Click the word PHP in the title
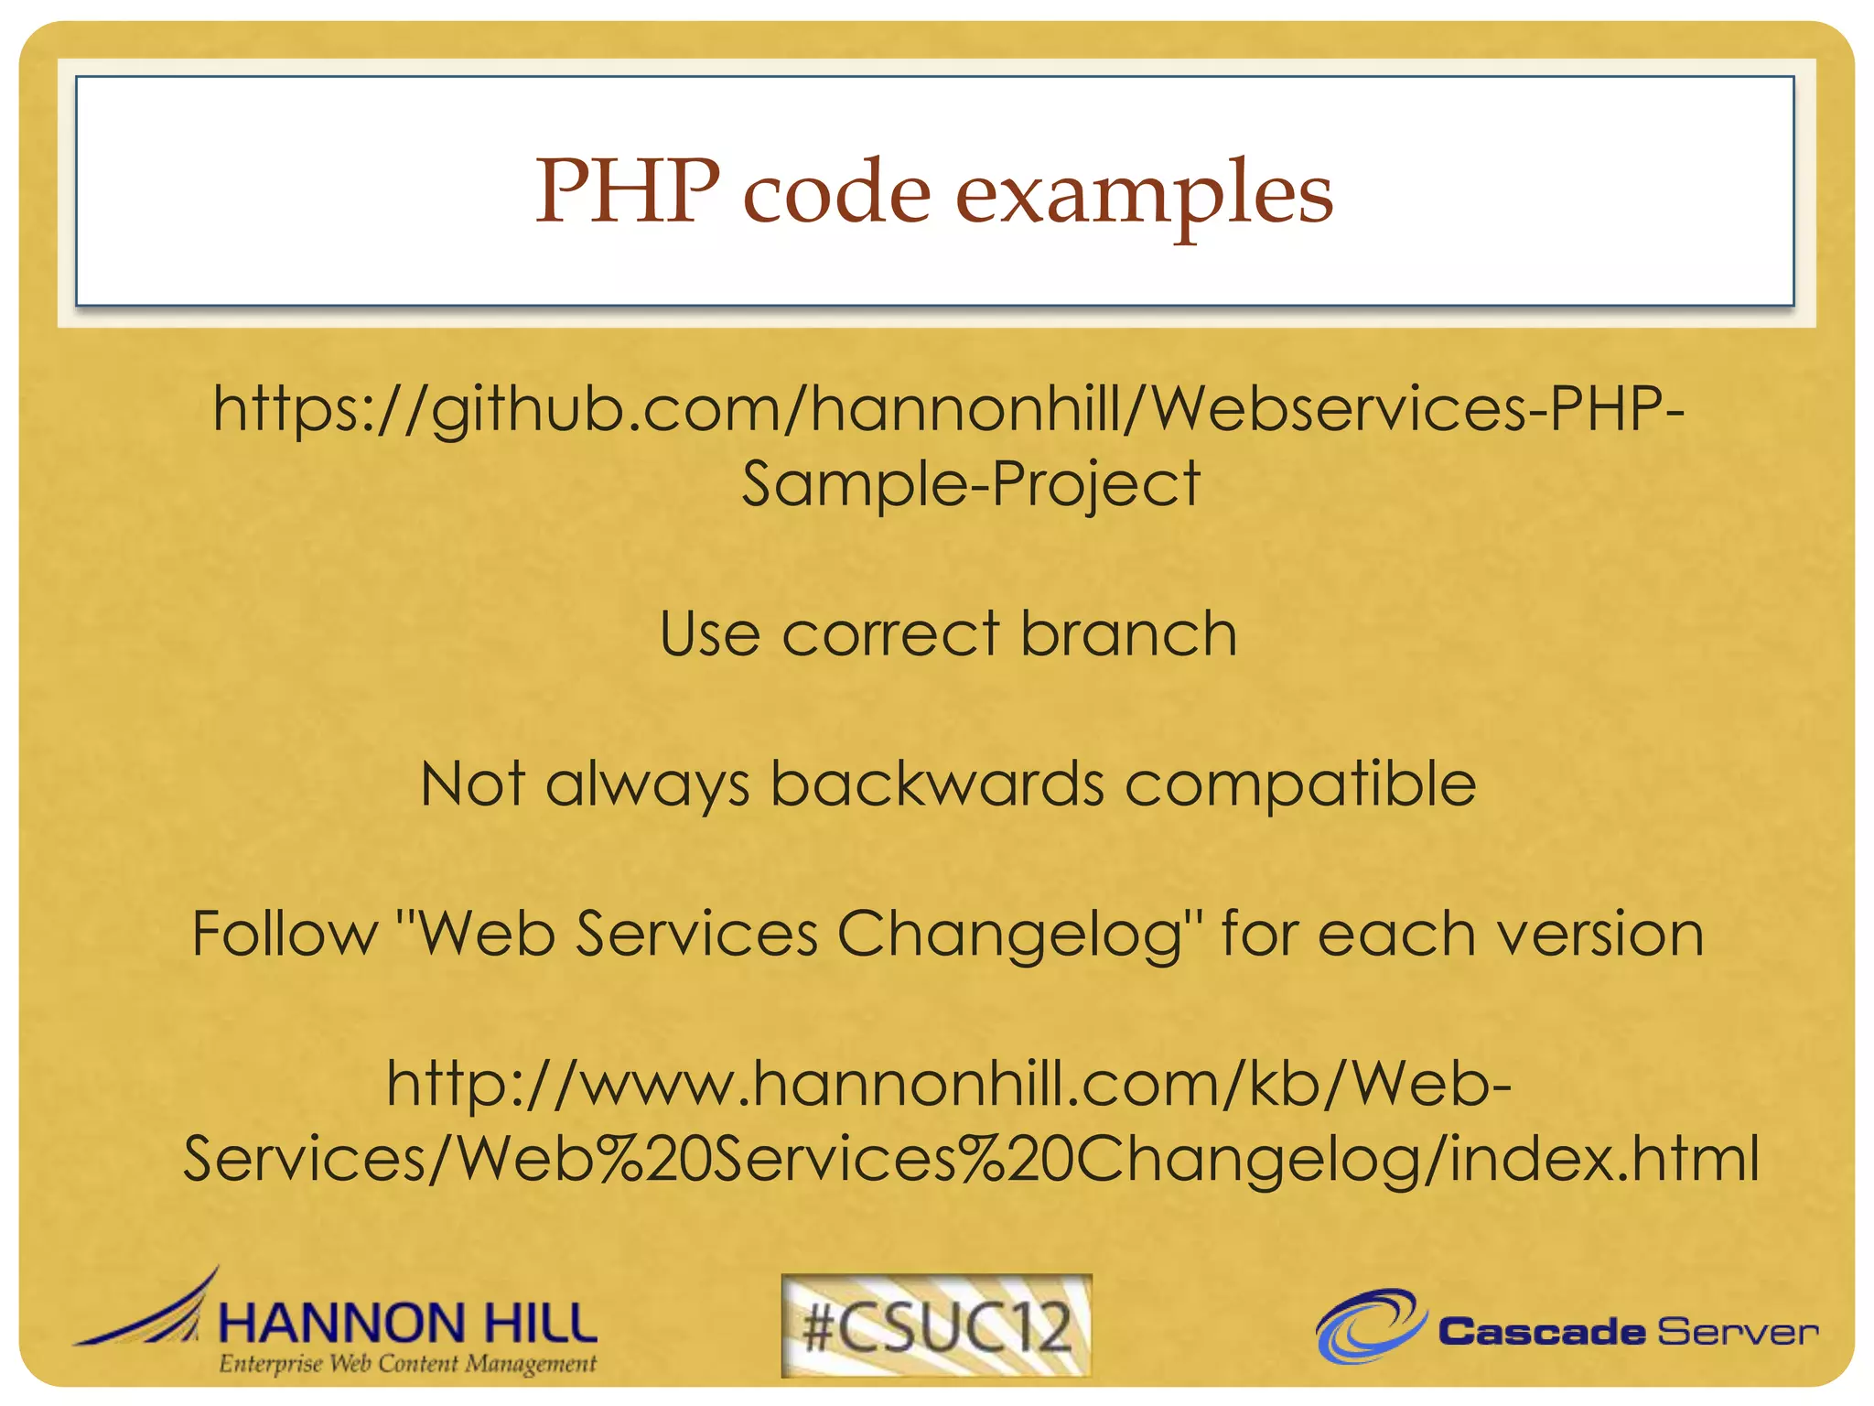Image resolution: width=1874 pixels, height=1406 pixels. tap(628, 191)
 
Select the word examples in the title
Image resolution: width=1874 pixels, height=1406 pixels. tap(1144, 194)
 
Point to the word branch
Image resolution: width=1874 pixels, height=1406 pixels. tap(1128, 633)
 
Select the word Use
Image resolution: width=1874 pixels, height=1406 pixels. tap(709, 633)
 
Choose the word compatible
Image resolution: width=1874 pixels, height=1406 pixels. tap(1299, 785)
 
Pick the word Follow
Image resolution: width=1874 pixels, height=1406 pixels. tap(285, 934)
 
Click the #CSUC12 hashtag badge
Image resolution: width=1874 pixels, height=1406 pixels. tap(936, 1326)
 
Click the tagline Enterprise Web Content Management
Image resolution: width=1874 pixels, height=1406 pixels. tap(407, 1365)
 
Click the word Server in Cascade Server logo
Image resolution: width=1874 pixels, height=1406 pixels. tap(1736, 1332)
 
